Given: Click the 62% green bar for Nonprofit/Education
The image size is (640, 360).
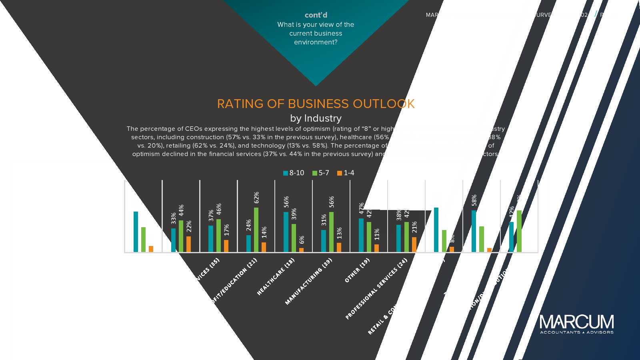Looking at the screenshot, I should tap(256, 230).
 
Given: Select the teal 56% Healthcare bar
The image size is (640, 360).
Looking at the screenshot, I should tap(286, 232).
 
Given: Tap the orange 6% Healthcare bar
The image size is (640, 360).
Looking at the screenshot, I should tap(302, 250).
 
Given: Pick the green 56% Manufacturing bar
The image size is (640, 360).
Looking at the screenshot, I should tap(331, 232).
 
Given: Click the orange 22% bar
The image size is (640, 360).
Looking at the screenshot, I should tap(188, 244).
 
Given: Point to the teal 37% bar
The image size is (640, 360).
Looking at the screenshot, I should tap(211, 238).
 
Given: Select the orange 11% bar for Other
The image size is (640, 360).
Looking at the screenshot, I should tap(376, 248).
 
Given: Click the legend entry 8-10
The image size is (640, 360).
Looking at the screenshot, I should tap(294, 173).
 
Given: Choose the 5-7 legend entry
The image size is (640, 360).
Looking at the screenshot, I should tap(321, 173).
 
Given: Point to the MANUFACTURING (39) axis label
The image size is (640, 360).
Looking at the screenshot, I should tap(308, 281).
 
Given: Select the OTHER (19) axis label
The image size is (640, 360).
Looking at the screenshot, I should tap(357, 270).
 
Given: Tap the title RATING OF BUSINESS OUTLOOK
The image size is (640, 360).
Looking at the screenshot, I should tap(316, 104).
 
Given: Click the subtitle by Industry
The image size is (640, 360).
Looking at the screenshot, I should tap(316, 118).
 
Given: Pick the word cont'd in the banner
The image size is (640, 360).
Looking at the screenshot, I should tap(316, 15).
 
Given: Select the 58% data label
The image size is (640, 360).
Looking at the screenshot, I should tap(474, 200).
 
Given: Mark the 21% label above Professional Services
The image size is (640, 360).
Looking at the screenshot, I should tap(414, 227).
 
